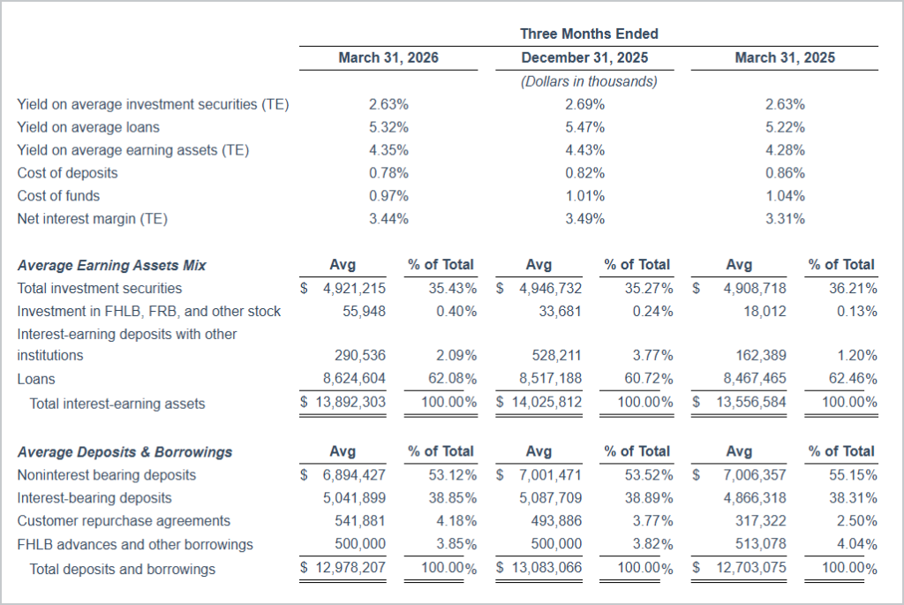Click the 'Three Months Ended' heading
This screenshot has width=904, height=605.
tap(589, 34)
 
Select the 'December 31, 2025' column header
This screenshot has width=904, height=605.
tap(584, 58)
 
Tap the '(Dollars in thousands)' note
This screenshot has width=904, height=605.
tap(589, 81)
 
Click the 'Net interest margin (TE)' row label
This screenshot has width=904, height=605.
tap(92, 219)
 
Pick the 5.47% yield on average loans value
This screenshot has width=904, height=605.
tap(585, 127)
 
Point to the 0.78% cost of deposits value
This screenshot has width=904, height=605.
tap(388, 173)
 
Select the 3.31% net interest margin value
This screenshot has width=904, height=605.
tap(785, 219)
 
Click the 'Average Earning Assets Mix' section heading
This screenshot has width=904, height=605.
tap(112, 265)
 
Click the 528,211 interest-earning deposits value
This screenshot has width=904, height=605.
tap(555, 356)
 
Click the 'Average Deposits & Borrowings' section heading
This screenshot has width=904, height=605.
tap(124, 452)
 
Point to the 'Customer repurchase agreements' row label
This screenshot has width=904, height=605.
tap(124, 521)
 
